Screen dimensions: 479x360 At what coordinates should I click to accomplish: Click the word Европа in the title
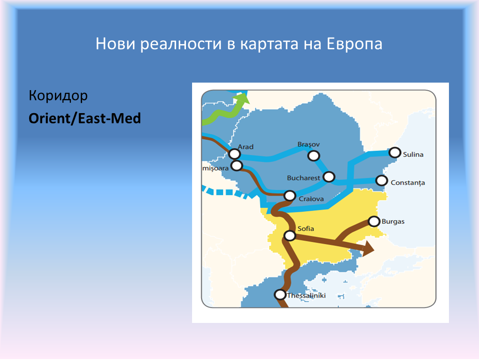[355, 44]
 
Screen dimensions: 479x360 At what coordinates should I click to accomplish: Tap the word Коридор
[58, 96]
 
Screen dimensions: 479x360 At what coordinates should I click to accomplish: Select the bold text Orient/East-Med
[85, 118]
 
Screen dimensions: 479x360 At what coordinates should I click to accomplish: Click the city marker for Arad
[234, 154]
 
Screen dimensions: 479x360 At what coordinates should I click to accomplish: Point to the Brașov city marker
[314, 156]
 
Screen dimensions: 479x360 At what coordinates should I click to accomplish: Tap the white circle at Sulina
[394, 152]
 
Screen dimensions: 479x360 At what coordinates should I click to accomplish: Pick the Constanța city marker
[381, 180]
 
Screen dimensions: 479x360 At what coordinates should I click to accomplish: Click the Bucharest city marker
[329, 177]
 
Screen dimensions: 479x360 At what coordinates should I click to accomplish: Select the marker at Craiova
[290, 196]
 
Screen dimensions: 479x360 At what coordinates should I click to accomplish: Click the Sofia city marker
[290, 236]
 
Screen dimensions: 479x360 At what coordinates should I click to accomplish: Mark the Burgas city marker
[374, 222]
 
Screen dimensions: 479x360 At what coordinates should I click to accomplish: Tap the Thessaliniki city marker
[280, 295]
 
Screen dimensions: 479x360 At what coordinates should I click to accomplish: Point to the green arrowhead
[242, 98]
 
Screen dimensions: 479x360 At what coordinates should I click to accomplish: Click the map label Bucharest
[303, 178]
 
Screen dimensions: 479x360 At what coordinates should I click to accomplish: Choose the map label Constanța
[408, 183]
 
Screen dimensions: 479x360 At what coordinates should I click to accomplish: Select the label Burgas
[393, 222]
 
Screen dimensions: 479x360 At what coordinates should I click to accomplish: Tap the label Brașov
[309, 144]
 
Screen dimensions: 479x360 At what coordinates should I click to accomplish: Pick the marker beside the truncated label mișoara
[237, 166]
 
